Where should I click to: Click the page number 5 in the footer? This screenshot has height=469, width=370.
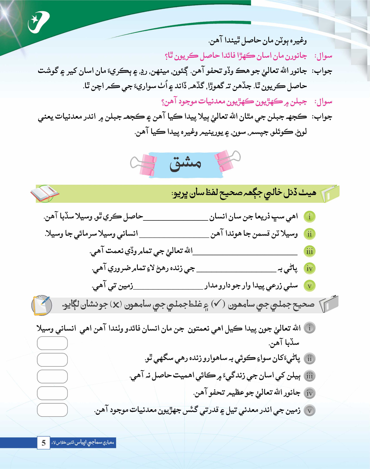coord(44,443)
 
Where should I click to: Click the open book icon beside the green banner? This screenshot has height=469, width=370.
coord(44,193)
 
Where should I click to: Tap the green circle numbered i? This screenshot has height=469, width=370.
coord(309,217)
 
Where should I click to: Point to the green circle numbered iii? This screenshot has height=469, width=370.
coord(309,251)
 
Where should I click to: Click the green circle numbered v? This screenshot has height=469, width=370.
coord(309,286)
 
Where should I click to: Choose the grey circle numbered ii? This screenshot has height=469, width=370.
coord(309,359)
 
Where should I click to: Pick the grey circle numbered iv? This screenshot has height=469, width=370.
coord(309,393)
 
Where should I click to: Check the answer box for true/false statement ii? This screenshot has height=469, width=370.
coord(52,360)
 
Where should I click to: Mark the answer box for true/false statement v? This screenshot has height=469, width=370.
coord(52,410)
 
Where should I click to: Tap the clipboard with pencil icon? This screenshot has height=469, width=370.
coord(42,305)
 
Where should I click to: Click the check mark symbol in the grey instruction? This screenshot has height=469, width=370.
coord(217,304)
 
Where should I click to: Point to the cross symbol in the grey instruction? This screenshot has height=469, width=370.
coord(116,305)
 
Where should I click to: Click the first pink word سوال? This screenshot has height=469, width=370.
coord(323,56)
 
